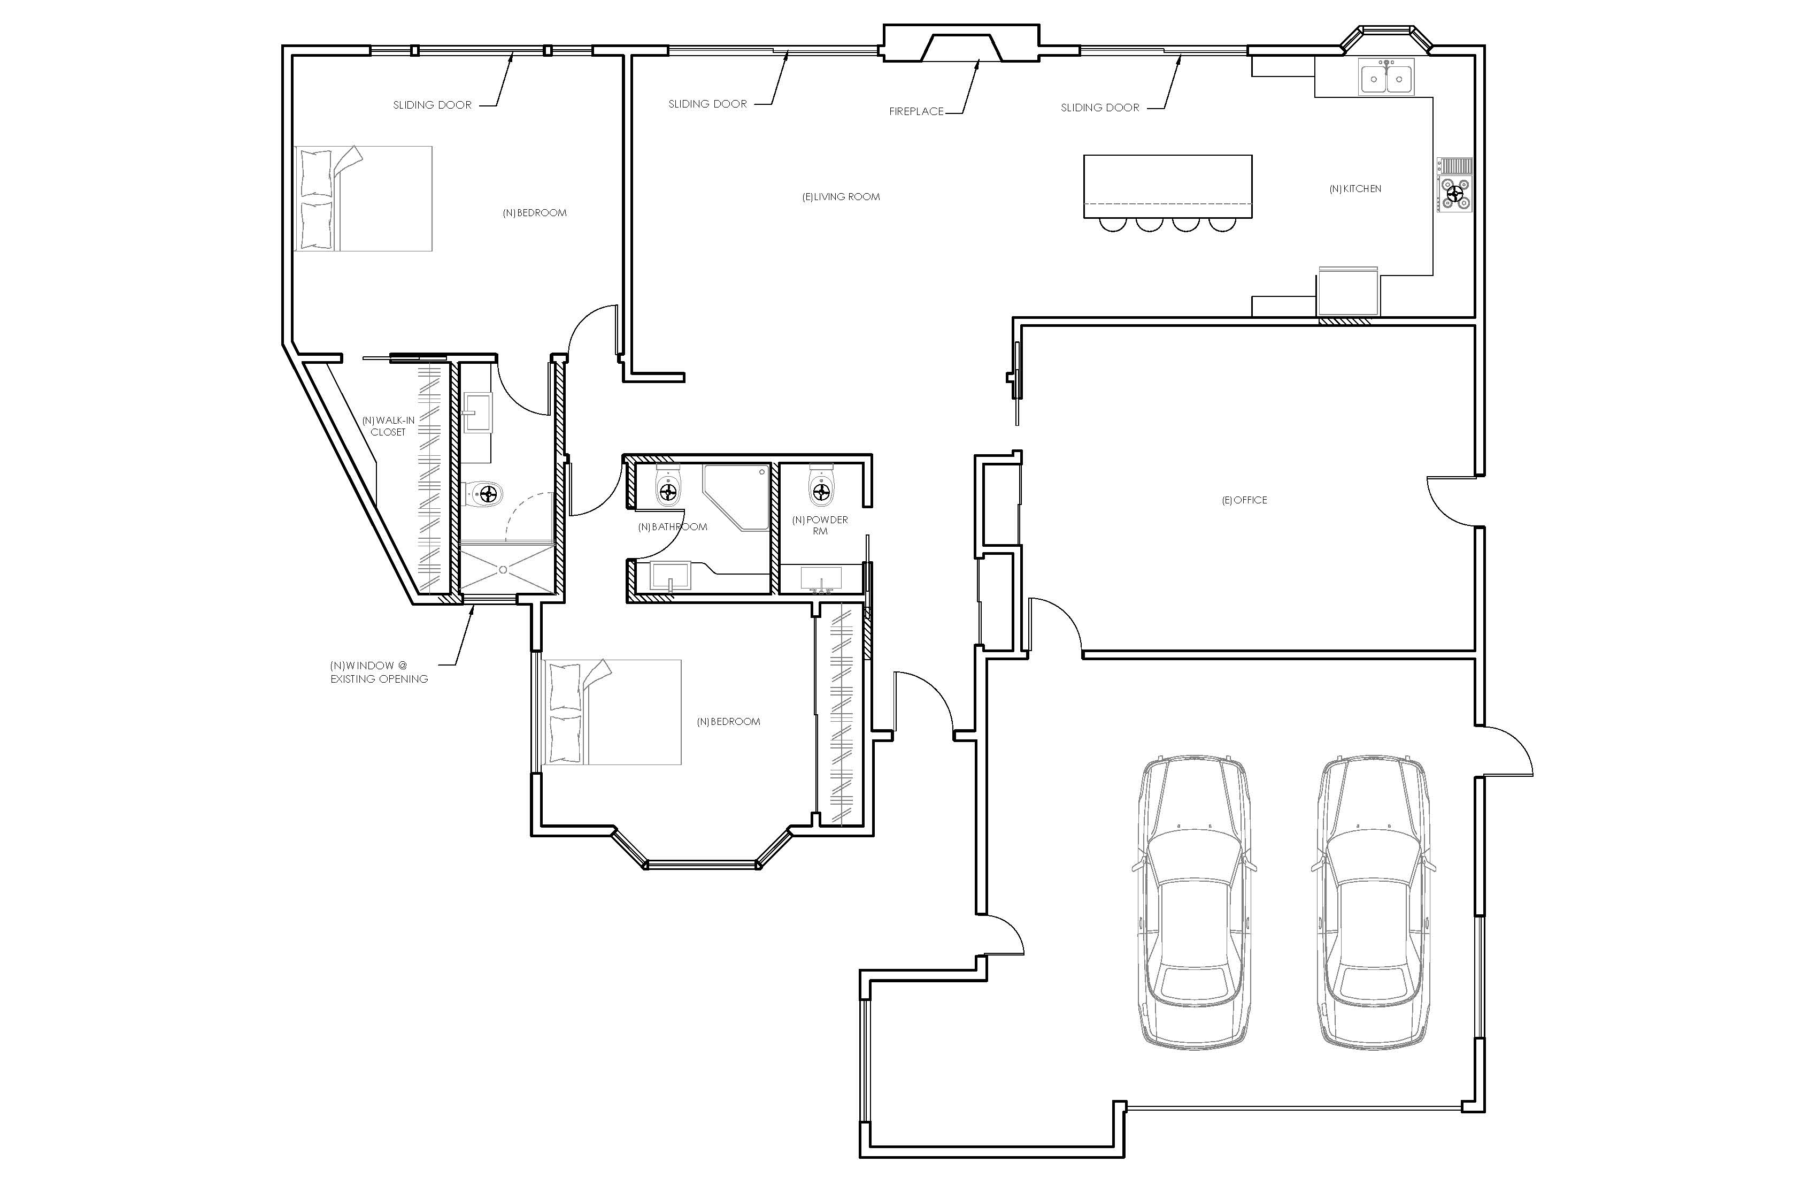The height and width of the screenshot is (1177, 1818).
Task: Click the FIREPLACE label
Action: tap(916, 112)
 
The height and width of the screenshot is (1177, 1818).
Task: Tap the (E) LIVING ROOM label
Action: tap(841, 197)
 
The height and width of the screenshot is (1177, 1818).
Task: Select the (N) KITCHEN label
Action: tap(1355, 189)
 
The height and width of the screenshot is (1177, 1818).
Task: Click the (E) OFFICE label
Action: tap(1244, 501)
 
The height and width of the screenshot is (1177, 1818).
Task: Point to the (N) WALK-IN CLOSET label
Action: tap(389, 426)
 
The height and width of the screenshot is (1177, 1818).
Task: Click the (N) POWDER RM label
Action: tap(820, 526)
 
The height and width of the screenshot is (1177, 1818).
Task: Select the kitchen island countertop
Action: tap(1168, 187)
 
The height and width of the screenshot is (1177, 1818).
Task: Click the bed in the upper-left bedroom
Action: tap(364, 198)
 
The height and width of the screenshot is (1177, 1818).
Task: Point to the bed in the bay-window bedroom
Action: tap(611, 712)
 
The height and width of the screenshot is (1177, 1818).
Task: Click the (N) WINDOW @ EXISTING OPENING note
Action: tap(379, 672)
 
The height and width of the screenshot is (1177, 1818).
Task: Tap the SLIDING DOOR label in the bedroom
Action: tap(433, 105)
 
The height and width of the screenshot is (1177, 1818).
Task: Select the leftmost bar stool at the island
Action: tap(1113, 224)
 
